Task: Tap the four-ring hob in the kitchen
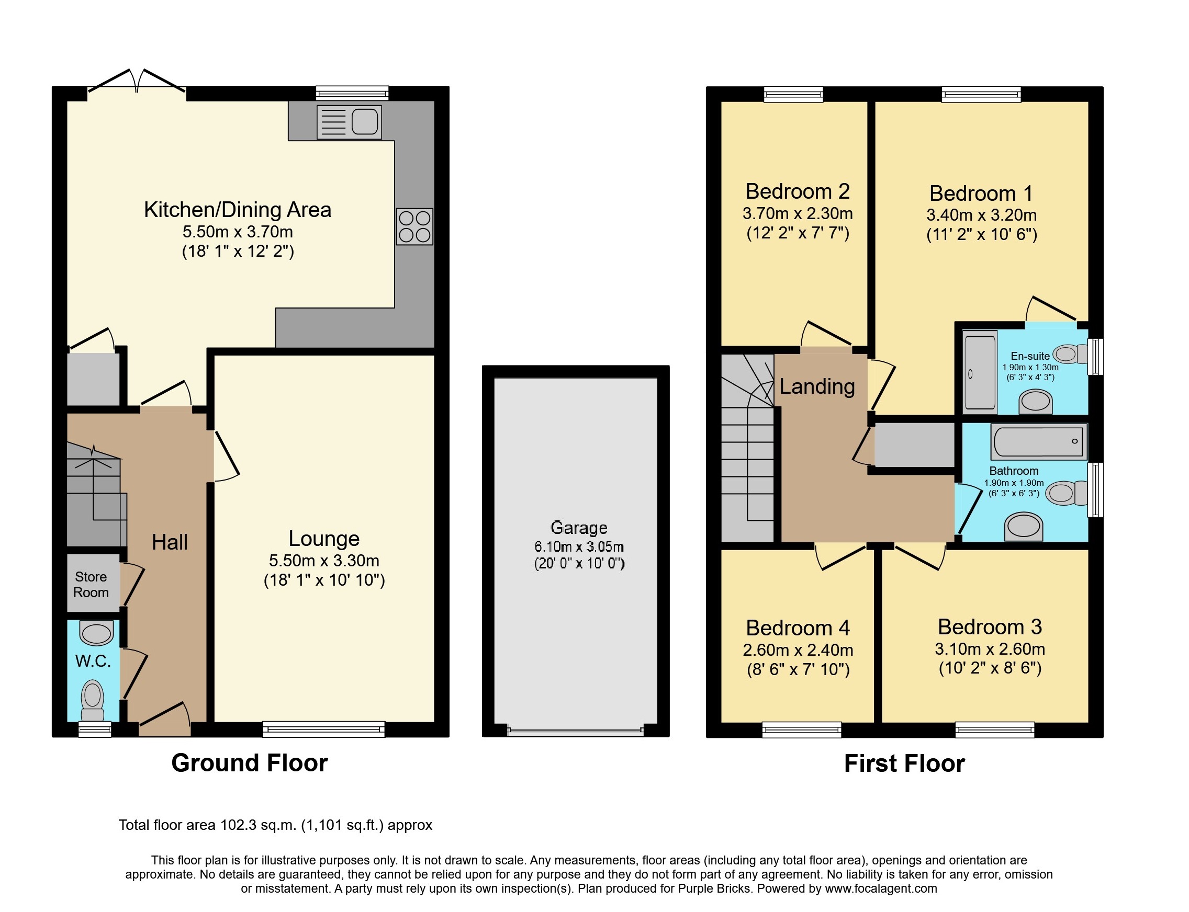point(414,226)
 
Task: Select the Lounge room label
point(324,539)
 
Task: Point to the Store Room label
point(91,584)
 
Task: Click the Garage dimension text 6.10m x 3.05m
point(578,546)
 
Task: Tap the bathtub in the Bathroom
point(1038,441)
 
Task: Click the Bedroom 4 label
point(798,628)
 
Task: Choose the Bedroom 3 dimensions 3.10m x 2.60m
point(990,649)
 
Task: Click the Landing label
point(817,386)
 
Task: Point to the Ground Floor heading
point(249,763)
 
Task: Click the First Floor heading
point(904,763)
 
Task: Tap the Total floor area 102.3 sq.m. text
point(275,825)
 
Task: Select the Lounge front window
point(324,728)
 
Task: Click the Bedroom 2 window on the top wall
point(793,95)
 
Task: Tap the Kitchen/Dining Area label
point(238,210)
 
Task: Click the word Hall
point(170,542)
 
